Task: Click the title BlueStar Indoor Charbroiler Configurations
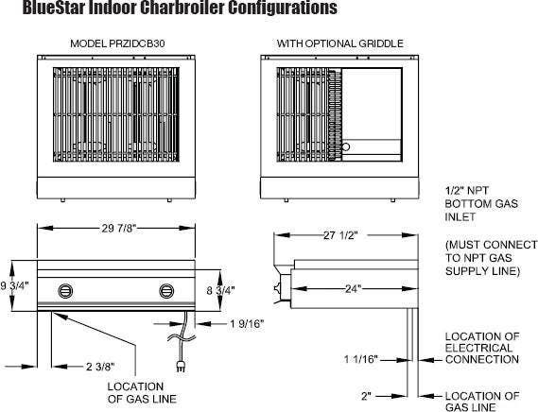(180, 8)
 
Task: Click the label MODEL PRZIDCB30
(117, 43)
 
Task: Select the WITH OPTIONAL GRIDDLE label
(340, 43)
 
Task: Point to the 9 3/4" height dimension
(15, 285)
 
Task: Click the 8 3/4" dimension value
(220, 290)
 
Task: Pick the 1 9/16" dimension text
(247, 323)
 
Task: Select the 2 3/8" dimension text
(100, 367)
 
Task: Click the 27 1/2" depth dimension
(340, 235)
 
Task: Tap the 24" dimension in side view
(354, 289)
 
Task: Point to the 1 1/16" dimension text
(361, 359)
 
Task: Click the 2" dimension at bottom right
(367, 396)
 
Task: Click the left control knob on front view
(65, 291)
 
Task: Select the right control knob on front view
(166, 291)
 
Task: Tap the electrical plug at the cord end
(181, 366)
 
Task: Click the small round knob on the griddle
(346, 147)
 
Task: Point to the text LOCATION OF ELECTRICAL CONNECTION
(482, 348)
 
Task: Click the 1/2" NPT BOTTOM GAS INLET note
(481, 203)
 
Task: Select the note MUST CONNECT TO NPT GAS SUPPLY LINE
(491, 258)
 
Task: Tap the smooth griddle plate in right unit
(372, 103)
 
